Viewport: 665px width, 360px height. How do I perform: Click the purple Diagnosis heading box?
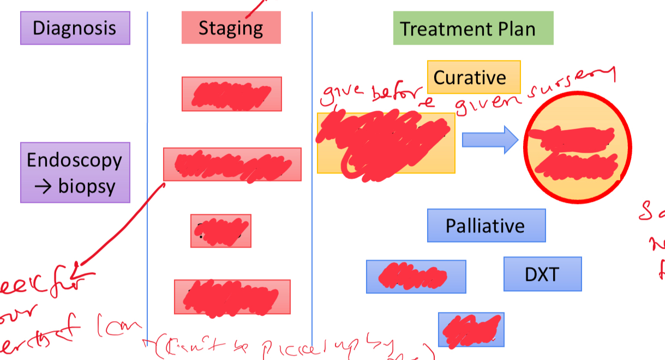pos(75,28)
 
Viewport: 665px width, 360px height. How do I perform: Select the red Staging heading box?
pos(231,28)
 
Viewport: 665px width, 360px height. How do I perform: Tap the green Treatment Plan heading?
pos(473,28)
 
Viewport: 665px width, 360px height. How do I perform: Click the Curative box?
pos(474,77)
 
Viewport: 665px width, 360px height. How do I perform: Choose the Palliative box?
pos(486,225)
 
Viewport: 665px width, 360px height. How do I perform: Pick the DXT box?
pos(542,274)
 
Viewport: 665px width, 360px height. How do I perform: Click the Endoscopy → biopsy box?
pos(75,173)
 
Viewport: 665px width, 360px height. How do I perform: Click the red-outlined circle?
pos(577,148)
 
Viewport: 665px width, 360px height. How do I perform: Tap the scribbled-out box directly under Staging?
pos(231,94)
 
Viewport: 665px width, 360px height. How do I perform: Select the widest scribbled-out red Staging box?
pos(232,164)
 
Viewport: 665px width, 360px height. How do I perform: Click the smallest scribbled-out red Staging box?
pos(220,231)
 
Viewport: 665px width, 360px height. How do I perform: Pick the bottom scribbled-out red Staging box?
pos(232,297)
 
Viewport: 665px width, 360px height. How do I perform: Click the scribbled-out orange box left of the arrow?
pos(386,143)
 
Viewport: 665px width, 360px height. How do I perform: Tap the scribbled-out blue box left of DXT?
pos(416,277)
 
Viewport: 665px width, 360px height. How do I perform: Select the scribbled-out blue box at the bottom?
pos(471,329)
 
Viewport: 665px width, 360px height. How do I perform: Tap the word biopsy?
pos(87,187)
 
